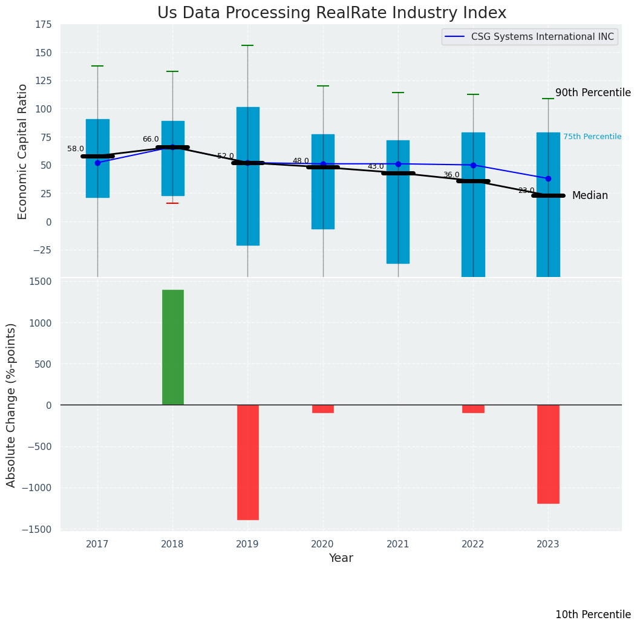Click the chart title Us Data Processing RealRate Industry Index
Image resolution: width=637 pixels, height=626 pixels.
(x=332, y=13)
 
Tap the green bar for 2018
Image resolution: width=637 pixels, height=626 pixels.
(x=173, y=347)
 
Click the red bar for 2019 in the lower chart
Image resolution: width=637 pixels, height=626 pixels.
(x=248, y=462)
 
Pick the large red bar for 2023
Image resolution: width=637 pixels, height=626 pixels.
(x=548, y=454)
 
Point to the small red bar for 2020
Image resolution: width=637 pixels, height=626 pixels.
(x=323, y=409)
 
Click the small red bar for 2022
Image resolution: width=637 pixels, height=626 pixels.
(x=473, y=409)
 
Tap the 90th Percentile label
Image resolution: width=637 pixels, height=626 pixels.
(x=593, y=93)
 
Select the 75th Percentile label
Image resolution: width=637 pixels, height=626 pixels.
(x=592, y=137)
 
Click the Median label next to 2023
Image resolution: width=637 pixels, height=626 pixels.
(x=590, y=195)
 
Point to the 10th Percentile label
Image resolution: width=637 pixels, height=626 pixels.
(x=593, y=615)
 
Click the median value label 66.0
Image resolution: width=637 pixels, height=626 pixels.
(x=151, y=139)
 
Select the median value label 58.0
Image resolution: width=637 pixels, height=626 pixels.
(x=76, y=149)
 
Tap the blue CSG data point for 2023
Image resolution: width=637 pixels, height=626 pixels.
(x=548, y=178)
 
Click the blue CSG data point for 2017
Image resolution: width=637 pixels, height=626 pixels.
(x=97, y=163)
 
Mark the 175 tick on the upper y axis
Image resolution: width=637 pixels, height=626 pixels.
(x=43, y=25)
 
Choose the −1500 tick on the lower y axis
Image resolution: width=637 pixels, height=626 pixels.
(x=39, y=529)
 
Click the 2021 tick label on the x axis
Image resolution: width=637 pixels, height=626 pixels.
(x=398, y=544)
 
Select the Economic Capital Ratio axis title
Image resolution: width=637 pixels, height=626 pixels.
(x=23, y=151)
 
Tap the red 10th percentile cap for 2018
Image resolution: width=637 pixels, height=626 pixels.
(x=172, y=203)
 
